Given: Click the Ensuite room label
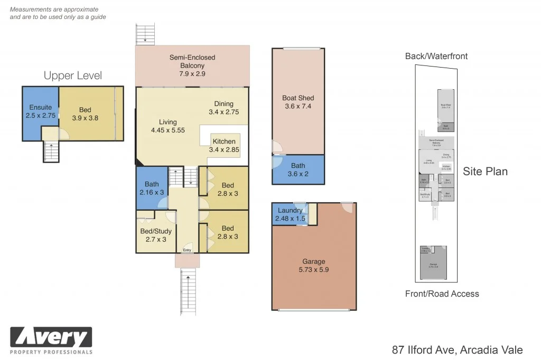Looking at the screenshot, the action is (40, 108).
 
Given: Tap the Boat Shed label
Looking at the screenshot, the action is (298, 98).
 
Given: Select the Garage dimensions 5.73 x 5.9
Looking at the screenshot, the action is (314, 270).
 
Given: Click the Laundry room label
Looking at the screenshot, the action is (290, 211).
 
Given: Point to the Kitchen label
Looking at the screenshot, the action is (224, 141).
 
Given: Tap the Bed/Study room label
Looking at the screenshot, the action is (156, 231).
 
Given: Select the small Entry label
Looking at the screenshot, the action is (187, 250).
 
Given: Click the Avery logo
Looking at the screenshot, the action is (51, 338).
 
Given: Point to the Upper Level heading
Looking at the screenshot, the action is (73, 75).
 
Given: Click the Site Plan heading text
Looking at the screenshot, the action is (485, 171).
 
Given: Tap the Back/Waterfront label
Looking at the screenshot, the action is (436, 56).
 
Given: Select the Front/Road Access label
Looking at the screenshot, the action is (442, 294).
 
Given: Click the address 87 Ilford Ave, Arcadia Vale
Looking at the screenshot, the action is (457, 349).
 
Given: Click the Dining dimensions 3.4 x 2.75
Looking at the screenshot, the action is (224, 112).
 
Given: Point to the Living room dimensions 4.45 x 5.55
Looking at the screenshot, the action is (167, 130).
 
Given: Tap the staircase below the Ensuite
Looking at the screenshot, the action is (51, 152).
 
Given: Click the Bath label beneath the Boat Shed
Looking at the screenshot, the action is (298, 166).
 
